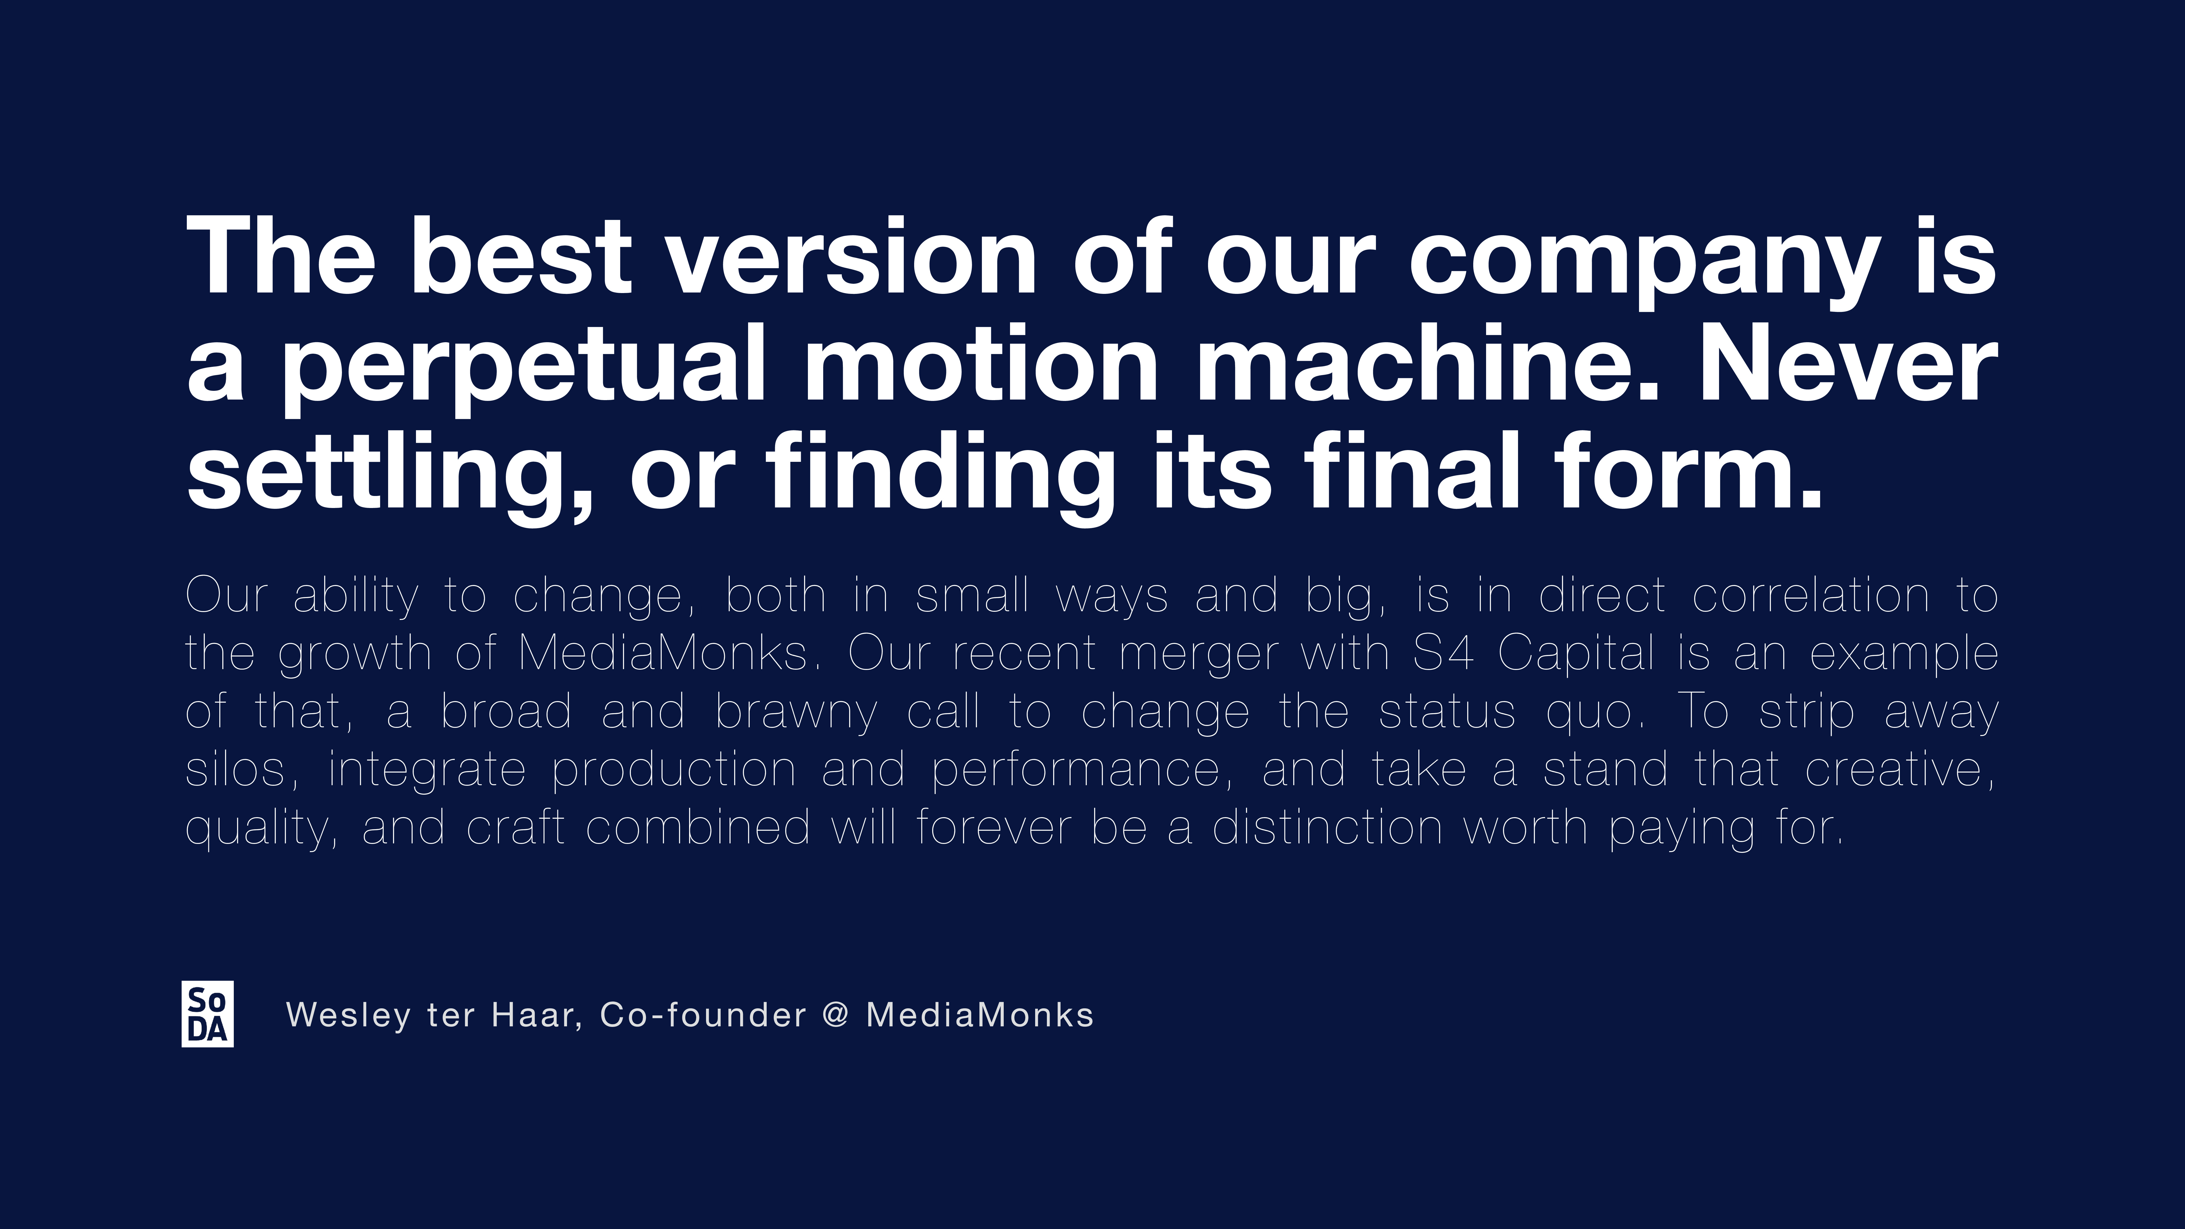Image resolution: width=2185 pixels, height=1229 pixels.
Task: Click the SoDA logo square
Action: [x=208, y=1014]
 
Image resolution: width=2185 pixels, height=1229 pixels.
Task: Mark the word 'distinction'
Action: [x=1327, y=827]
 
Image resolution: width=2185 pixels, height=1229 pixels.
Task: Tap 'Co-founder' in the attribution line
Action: [x=703, y=1014]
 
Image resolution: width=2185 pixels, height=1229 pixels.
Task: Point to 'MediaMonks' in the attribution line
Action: [x=980, y=1014]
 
